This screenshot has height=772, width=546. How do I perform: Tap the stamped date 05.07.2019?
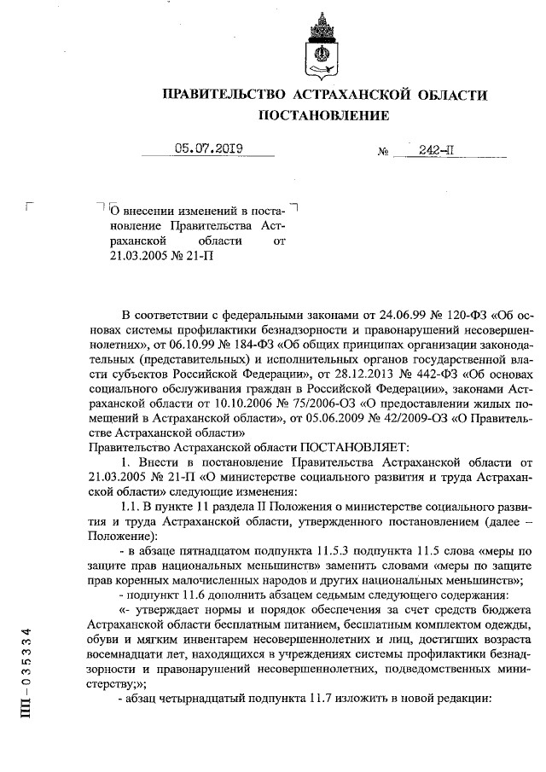tap(209, 148)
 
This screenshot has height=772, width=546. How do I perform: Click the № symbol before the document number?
tap(383, 152)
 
